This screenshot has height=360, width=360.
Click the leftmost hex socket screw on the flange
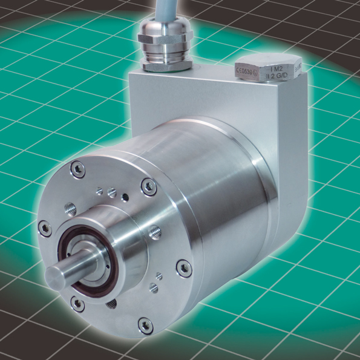tap(44, 228)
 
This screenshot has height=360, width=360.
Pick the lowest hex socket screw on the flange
tap(145, 326)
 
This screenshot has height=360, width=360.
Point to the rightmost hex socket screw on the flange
tap(183, 267)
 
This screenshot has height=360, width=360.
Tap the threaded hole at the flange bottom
tap(110, 306)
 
